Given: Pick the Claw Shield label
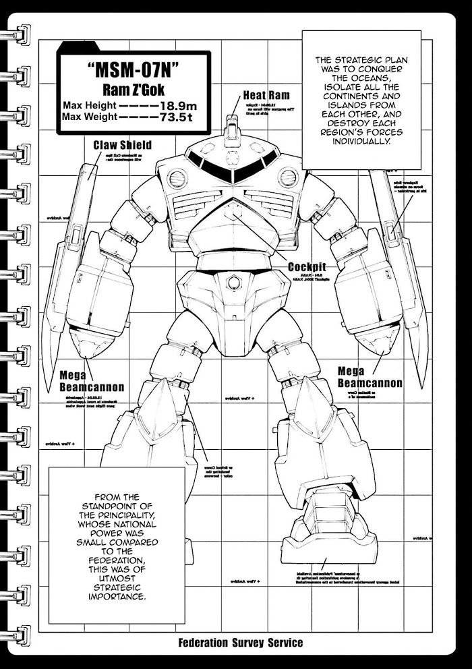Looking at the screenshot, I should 122,145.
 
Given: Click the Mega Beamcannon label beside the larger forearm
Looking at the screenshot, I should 92,381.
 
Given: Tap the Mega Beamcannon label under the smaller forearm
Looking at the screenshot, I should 370,378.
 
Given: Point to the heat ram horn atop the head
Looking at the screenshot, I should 233,128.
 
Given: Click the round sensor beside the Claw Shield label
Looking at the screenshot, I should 177,179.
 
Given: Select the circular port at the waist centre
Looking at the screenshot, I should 233,282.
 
